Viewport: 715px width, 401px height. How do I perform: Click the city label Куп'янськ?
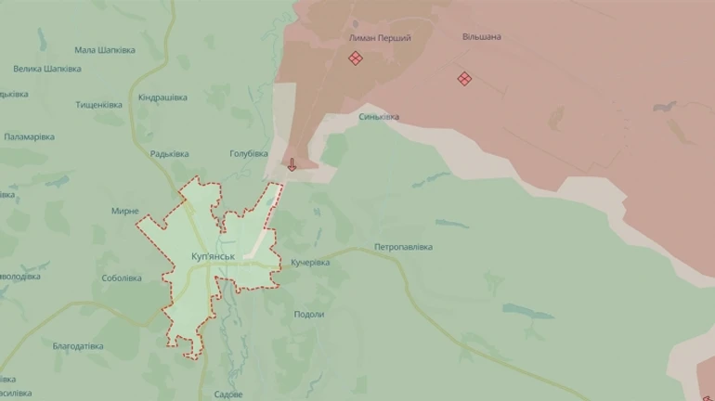[212, 255]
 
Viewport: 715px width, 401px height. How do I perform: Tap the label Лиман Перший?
[379, 38]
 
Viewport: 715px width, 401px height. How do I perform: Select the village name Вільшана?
[481, 37]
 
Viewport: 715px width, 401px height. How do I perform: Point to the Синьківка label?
[379, 117]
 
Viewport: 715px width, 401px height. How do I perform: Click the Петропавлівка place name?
[403, 247]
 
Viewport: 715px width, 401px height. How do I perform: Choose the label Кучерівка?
[309, 263]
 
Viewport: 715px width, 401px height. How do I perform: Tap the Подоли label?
[308, 314]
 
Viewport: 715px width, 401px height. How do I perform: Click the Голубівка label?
[248, 153]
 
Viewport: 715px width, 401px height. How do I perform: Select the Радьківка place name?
[169, 154]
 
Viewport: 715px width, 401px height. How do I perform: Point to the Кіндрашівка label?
[162, 97]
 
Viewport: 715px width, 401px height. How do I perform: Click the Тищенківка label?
[99, 105]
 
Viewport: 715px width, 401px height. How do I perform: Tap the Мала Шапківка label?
[104, 50]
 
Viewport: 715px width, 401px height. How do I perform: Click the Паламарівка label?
[29, 137]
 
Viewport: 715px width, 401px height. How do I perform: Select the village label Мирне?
[124, 211]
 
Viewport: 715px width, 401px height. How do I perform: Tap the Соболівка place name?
[122, 278]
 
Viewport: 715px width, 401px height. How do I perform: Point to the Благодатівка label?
[78, 346]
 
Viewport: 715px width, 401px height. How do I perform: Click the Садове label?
[227, 395]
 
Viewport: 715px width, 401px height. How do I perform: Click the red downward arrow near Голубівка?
[292, 165]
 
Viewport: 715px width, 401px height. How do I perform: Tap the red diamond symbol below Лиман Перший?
[355, 58]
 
